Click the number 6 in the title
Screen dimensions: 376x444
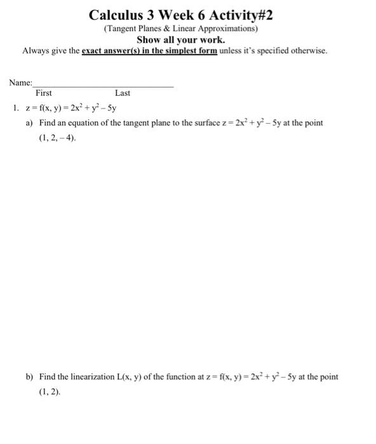tap(202, 15)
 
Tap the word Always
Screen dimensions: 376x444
tap(36, 50)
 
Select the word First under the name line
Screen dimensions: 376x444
tap(44, 93)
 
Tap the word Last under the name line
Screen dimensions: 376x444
tap(123, 93)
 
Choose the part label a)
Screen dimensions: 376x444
tap(29, 122)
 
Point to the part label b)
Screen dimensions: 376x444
tap(29, 377)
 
